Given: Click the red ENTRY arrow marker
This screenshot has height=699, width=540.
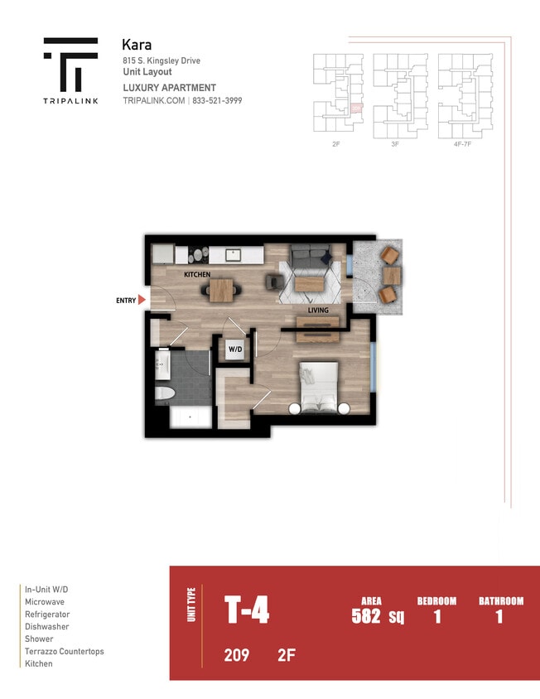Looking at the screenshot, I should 142,300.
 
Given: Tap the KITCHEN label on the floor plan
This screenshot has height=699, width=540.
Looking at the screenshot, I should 197,274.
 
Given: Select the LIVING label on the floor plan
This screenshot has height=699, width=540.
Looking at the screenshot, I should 318,311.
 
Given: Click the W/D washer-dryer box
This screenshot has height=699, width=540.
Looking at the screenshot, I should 235,349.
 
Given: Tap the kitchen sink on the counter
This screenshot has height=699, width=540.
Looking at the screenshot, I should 234,254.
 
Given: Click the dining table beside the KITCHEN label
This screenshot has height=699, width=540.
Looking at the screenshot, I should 221,289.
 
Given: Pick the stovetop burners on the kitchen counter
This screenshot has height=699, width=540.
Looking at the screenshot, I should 197,255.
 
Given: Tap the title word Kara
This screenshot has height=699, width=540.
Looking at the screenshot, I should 137,45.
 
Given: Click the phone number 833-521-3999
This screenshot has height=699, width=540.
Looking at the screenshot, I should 218,100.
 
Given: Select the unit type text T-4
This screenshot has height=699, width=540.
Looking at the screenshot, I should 247,612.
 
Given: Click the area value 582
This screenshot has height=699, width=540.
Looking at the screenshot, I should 365,615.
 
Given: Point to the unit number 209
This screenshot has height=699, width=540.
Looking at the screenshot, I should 236,656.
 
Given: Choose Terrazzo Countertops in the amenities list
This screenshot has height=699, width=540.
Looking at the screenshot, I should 65,652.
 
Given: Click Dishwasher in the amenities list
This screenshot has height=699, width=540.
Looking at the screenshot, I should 47,627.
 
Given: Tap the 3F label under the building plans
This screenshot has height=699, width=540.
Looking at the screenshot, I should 395,144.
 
